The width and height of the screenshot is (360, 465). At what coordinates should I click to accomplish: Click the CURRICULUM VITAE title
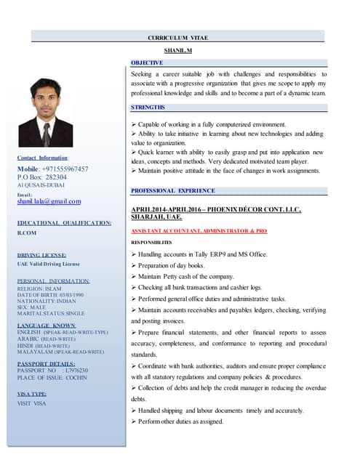178,37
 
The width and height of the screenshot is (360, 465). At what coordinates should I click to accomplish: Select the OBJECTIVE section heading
148,62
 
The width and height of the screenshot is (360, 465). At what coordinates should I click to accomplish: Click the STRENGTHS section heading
148,107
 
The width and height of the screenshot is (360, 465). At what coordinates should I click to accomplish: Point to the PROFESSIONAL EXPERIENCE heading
172,190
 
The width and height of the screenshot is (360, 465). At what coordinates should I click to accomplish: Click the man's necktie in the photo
46,134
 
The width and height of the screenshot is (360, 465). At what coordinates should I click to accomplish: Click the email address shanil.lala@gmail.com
49,201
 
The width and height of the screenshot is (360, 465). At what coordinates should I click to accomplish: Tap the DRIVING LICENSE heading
41,255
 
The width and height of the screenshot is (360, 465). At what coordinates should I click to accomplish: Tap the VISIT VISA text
31,403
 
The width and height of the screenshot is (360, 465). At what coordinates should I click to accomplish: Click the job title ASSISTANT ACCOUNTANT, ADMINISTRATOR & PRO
199,230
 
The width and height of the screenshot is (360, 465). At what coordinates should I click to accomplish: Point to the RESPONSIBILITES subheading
151,242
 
